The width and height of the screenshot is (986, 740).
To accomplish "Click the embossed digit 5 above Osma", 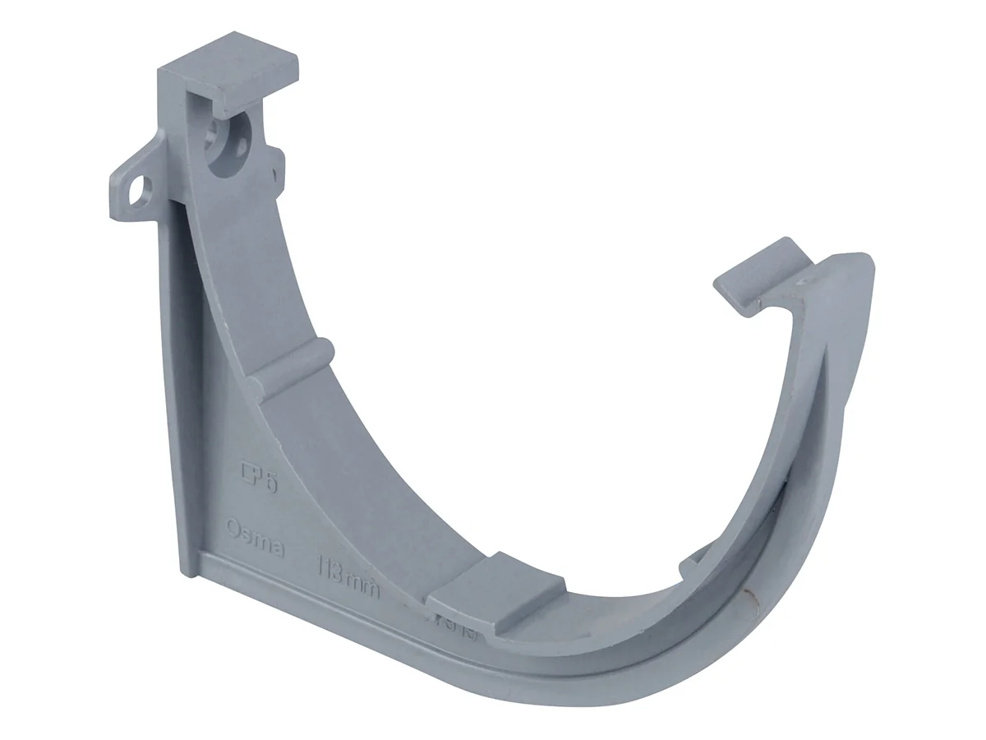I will tap(270, 481).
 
